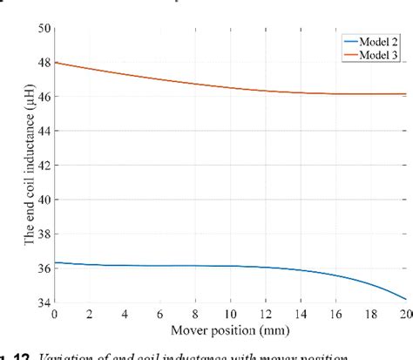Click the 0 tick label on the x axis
click(55, 313)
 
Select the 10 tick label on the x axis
click(230, 313)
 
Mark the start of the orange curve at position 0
click(56, 63)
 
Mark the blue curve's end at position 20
click(405, 298)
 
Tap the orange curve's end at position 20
click(405, 94)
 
